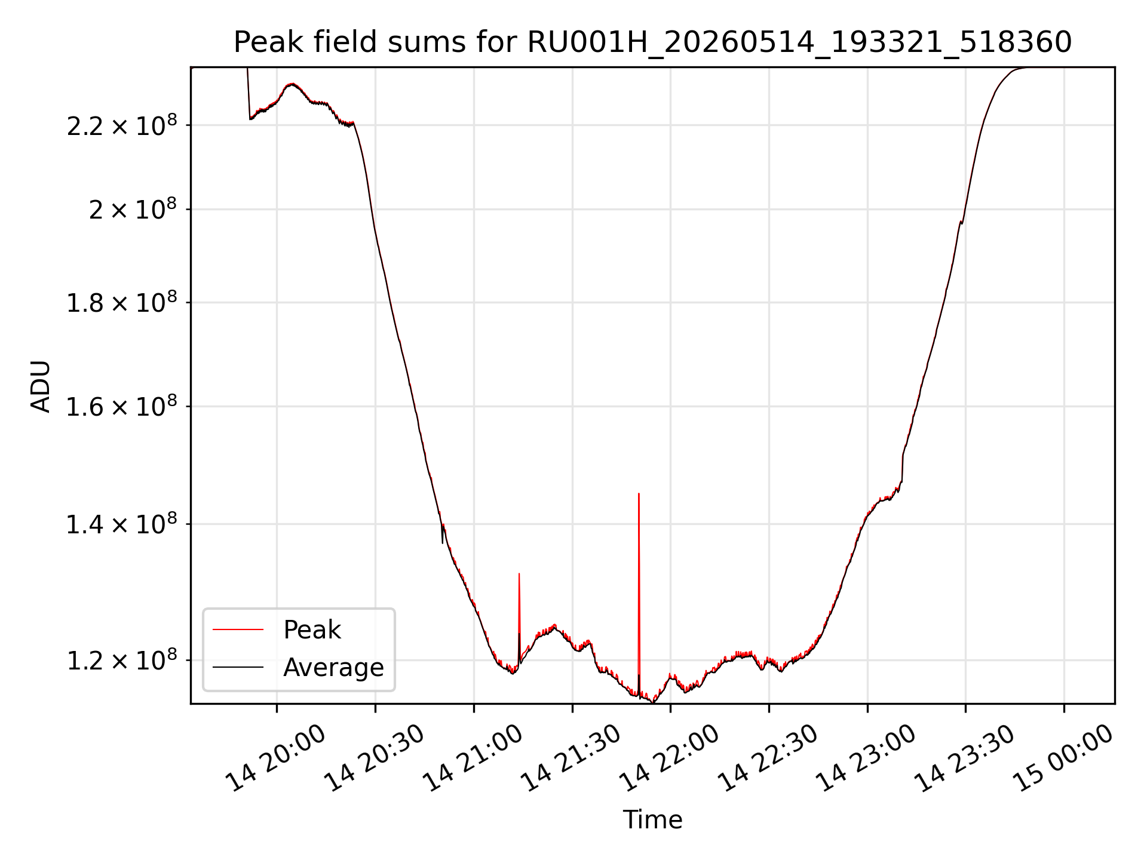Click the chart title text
652,42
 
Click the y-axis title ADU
41,386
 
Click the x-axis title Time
652,819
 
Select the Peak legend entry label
312,630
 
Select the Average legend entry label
333,667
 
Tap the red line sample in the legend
238,629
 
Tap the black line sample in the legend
238,667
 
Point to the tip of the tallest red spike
639,493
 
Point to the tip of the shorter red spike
519,573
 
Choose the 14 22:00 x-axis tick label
670,758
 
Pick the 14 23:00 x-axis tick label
867,758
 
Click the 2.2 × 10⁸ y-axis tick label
122,125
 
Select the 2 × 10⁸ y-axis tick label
133,210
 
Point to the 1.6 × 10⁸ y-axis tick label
122,407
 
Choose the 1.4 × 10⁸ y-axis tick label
122,524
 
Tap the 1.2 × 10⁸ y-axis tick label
122,661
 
